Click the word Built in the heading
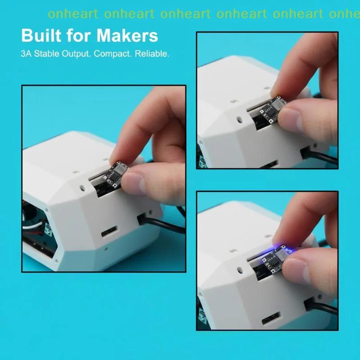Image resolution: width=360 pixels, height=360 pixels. pos(41,36)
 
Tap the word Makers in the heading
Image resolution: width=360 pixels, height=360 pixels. pos(127,36)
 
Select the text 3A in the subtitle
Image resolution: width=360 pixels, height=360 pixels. pos(26,54)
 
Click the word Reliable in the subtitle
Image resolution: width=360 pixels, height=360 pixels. pos(152,54)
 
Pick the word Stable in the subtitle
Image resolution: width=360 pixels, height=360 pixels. pos(47,54)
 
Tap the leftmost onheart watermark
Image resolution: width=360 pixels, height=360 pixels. pos(73,14)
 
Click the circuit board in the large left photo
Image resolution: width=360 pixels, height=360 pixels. pos(115,175)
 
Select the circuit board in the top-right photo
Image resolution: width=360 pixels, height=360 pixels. pos(273,108)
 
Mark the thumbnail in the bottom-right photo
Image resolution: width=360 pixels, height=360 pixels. pos(296,271)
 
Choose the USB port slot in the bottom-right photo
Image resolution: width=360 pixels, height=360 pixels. pos(271,318)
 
